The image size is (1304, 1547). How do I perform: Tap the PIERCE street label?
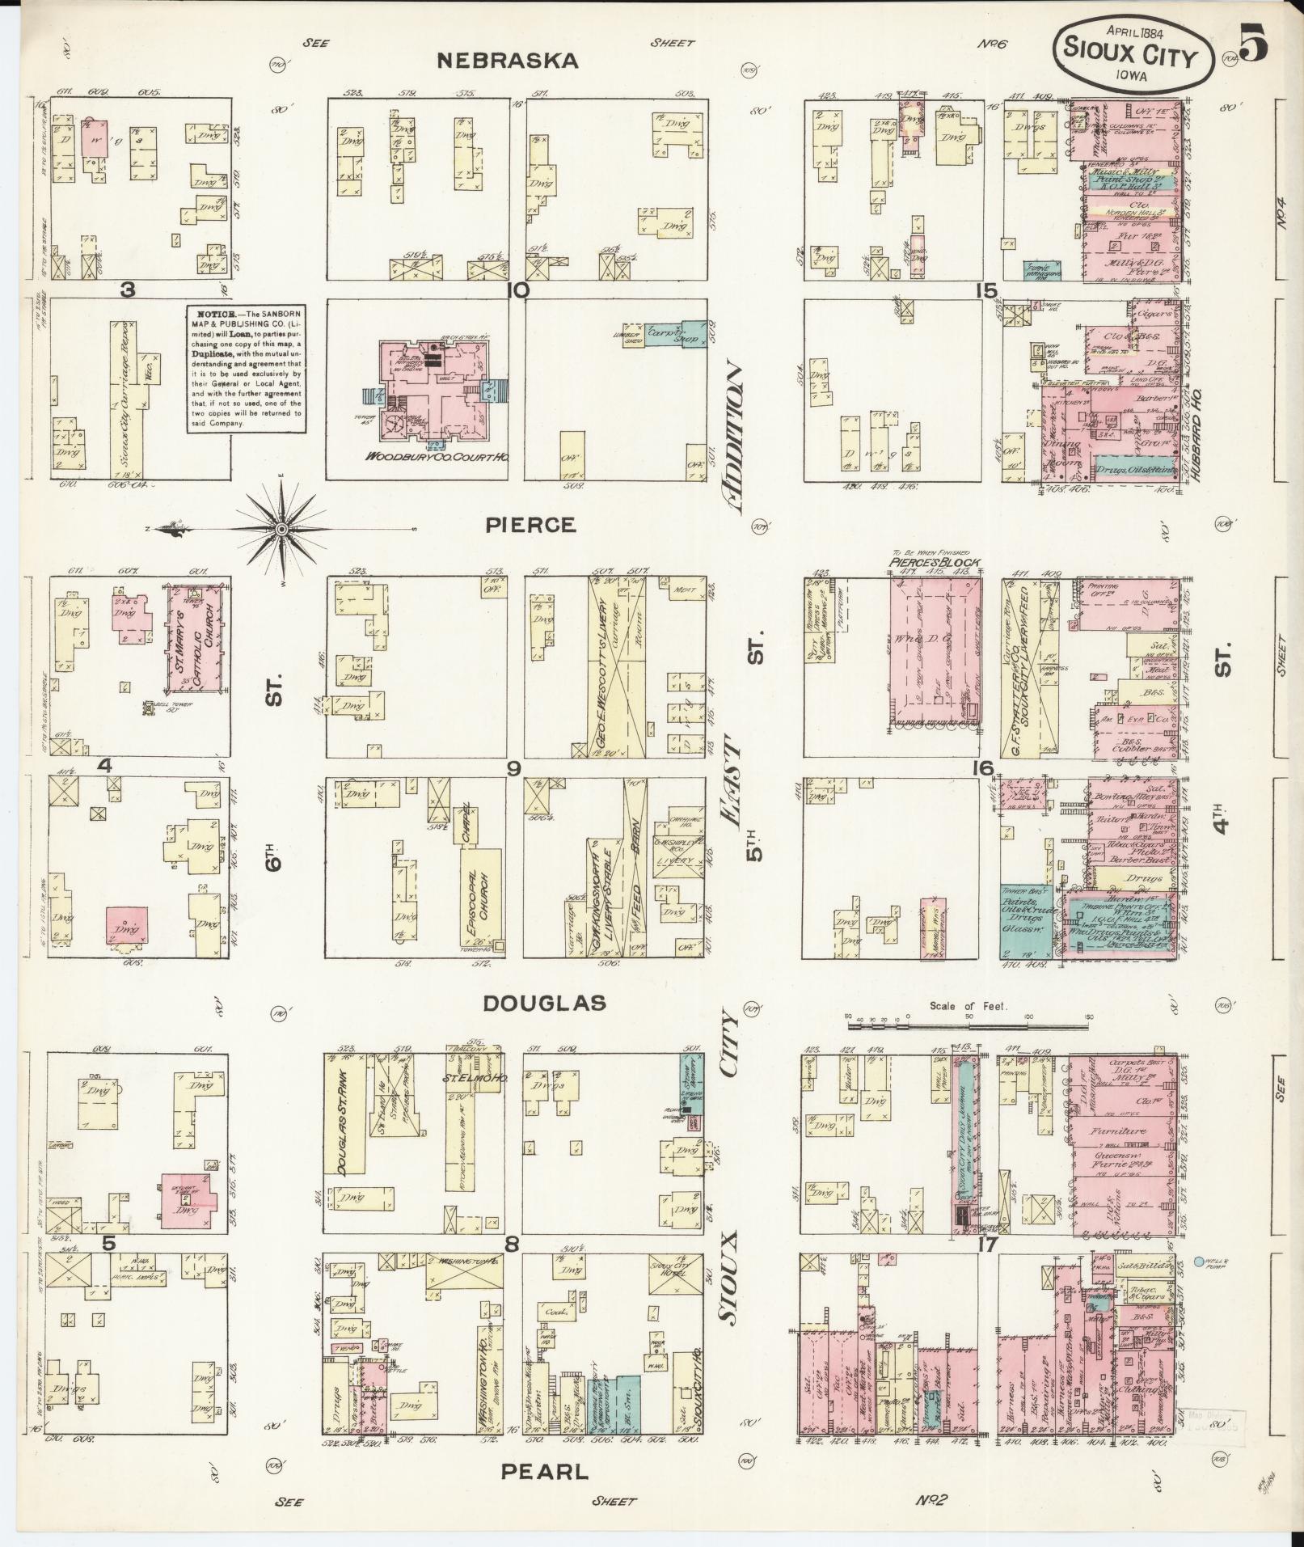[531, 525]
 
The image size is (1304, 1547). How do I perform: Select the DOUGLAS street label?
[544, 1004]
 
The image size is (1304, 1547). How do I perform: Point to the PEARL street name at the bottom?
[545, 1471]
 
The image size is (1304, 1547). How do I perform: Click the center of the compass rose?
[281, 529]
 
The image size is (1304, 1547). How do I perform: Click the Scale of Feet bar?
[969, 1025]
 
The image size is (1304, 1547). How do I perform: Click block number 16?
[983, 768]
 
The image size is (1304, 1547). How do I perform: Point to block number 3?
[127, 290]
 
